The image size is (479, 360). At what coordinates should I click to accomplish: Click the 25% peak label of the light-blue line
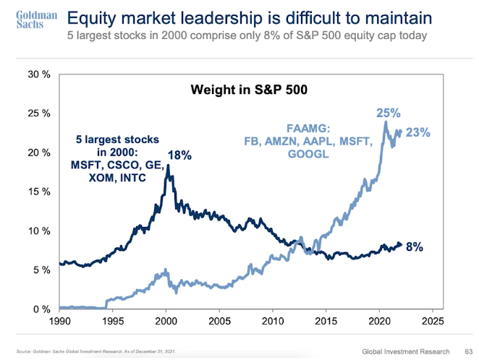click(387, 113)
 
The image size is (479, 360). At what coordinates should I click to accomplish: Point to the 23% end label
click(419, 132)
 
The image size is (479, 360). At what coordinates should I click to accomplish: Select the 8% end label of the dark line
click(414, 247)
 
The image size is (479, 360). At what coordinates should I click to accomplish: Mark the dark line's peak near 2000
click(168, 166)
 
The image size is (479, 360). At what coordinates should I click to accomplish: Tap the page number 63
click(467, 350)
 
